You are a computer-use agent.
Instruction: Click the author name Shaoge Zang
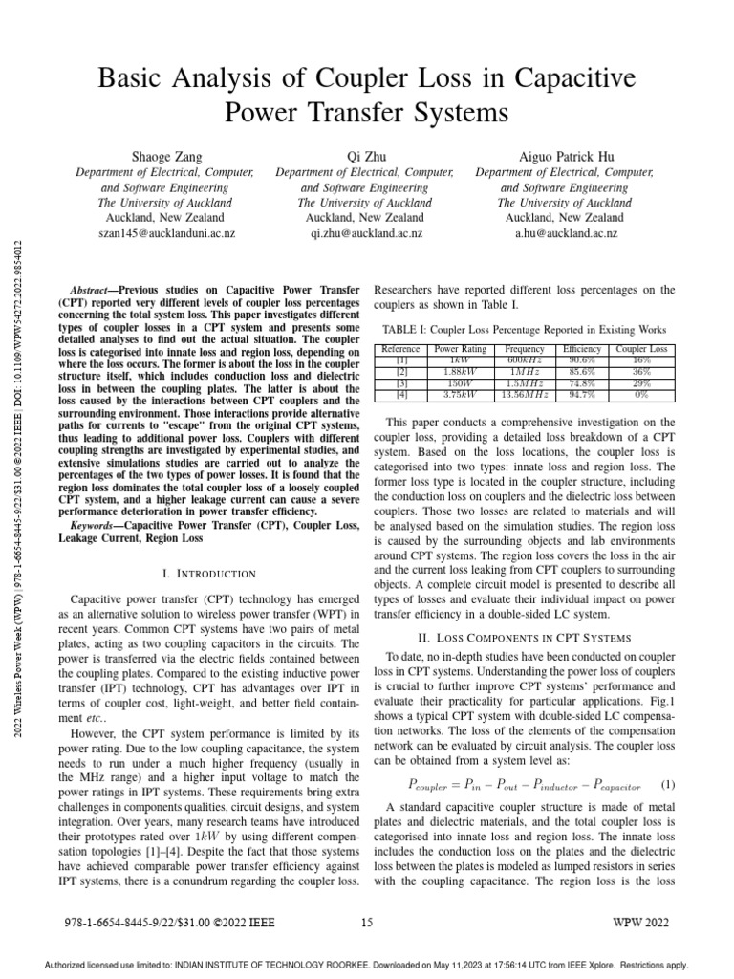[x=164, y=155]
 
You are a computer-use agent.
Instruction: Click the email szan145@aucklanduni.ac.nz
[x=164, y=233]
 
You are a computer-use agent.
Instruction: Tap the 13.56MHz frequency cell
[x=525, y=392]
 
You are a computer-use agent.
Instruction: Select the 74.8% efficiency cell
[x=580, y=381]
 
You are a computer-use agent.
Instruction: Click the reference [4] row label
[x=401, y=392]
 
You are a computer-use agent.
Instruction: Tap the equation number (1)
[x=667, y=784]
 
